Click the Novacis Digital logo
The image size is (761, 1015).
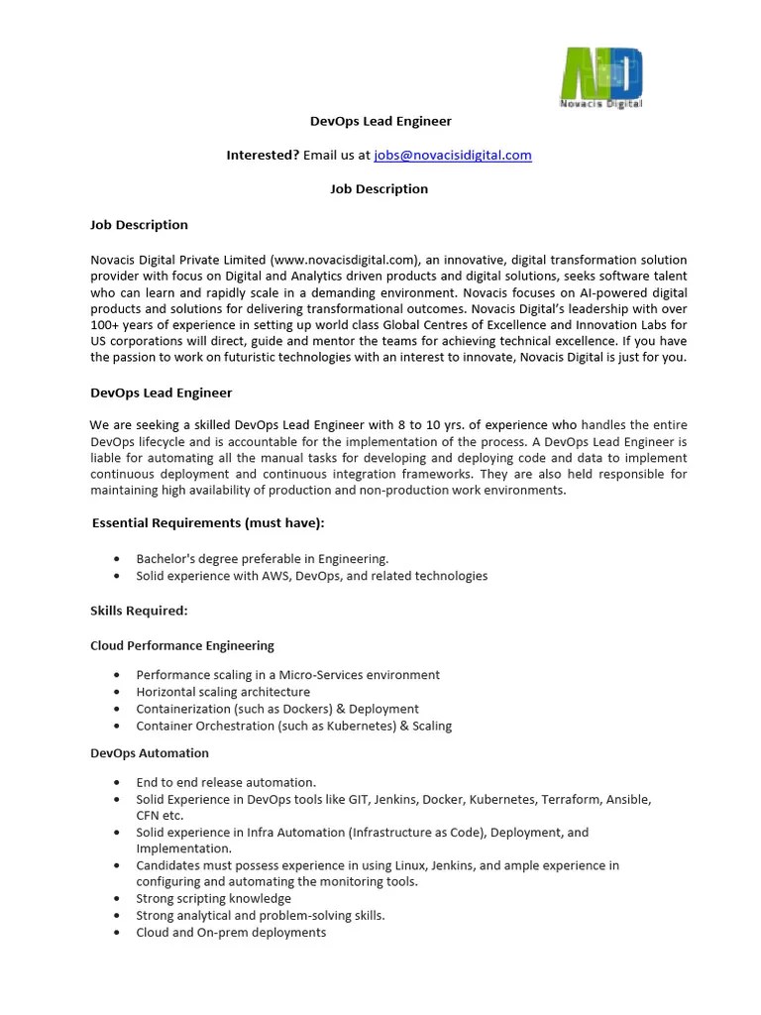pyautogui.click(x=601, y=77)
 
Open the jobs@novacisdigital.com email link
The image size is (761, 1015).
pyautogui.click(x=453, y=155)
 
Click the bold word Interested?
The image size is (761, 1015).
pyautogui.click(x=263, y=155)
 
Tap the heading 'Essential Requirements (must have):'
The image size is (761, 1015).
pyautogui.click(x=208, y=522)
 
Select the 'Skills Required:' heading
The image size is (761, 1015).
pyautogui.click(x=139, y=611)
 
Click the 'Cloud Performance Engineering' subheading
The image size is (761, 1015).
pyautogui.click(x=182, y=645)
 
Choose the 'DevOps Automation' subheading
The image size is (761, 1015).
pyautogui.click(x=150, y=753)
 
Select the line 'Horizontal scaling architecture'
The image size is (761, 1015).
pyautogui.click(x=223, y=692)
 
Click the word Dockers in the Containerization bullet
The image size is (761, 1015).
pyautogui.click(x=304, y=709)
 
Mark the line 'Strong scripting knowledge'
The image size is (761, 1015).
pyautogui.click(x=214, y=899)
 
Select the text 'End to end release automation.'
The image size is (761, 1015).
pyautogui.click(x=226, y=782)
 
